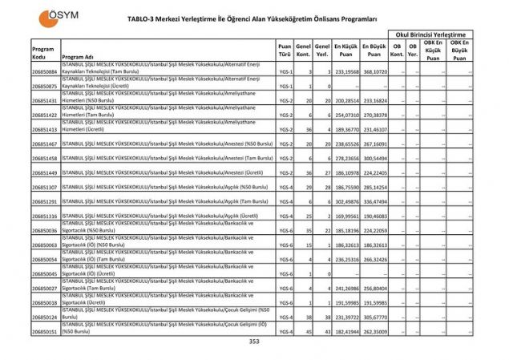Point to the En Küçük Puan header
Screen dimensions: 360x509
(x=346, y=51)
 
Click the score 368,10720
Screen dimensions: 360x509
(x=374, y=72)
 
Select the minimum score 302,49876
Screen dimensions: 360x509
(x=346, y=201)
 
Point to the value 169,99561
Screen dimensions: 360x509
(x=346, y=216)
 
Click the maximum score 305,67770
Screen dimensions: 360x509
(x=374, y=316)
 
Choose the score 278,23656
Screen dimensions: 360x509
(x=346, y=158)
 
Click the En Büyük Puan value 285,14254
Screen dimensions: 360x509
(x=374, y=187)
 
